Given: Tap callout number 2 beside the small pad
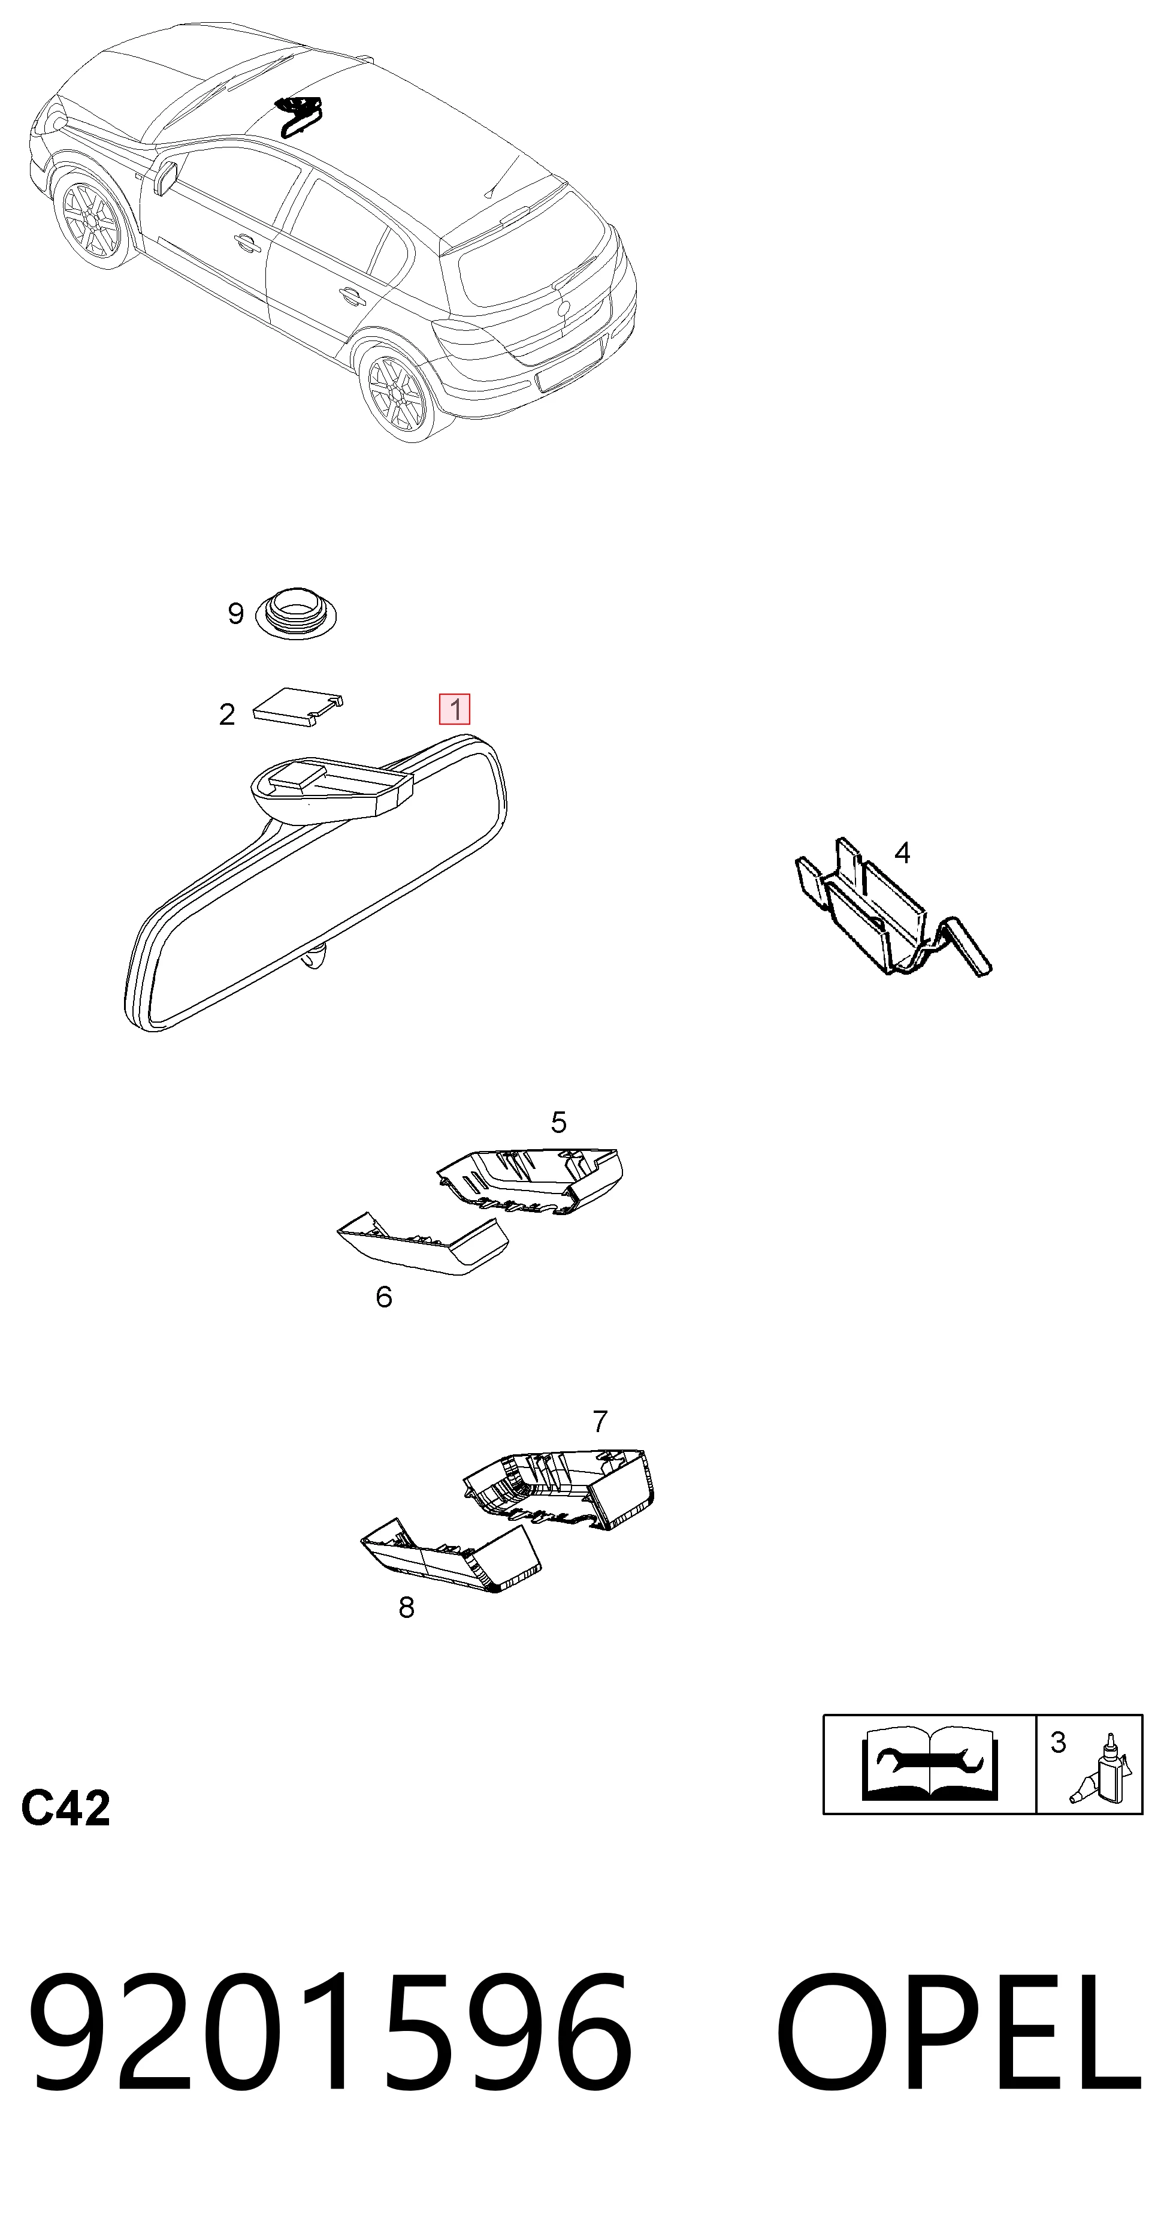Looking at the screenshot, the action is (x=227, y=715).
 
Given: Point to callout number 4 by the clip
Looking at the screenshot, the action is (x=902, y=852).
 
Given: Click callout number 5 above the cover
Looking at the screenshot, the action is (x=558, y=1122).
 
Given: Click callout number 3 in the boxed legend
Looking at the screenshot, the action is (x=1059, y=1743).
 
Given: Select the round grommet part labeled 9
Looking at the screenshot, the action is (x=296, y=613).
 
